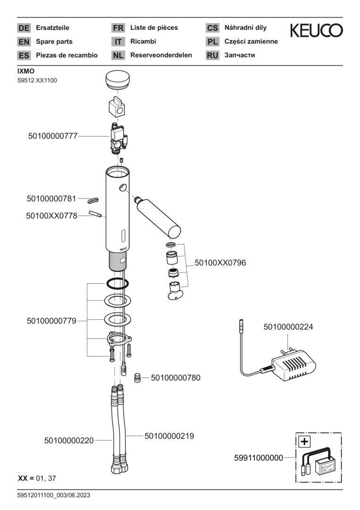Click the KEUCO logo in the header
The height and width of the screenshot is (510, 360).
[316, 31]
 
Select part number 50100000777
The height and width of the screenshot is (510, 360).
[52, 136]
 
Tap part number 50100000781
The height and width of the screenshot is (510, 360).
[51, 198]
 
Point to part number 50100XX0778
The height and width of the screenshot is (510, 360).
[51, 216]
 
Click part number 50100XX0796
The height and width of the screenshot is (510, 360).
[220, 263]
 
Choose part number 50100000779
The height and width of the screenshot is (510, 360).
[51, 321]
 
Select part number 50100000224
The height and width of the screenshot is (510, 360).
[288, 327]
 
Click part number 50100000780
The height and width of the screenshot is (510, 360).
[176, 378]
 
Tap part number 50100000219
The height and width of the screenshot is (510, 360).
[169, 436]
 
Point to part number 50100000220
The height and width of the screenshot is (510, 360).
[69, 441]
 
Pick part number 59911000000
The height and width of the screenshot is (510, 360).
[259, 458]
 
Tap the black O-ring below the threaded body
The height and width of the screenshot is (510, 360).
[117, 283]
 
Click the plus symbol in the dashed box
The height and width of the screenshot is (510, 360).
[305, 442]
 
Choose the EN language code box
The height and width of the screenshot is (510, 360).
[24, 42]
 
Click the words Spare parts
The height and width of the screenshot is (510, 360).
[54, 42]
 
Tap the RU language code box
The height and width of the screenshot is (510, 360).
[212, 55]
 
